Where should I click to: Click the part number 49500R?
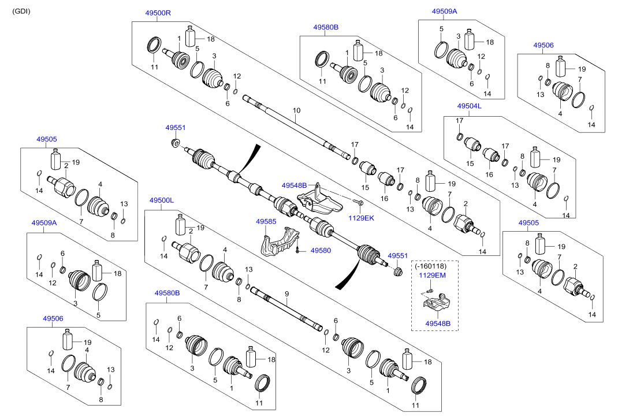coord(158,12)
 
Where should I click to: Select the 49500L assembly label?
coord(162,200)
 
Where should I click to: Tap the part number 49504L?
coord(469,106)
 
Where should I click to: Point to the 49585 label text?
coord(266,221)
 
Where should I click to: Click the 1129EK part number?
coord(362,218)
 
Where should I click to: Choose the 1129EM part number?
coord(433,276)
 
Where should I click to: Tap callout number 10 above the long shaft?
coord(297,110)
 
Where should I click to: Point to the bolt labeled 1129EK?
coord(359,203)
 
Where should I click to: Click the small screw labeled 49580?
coord(297,250)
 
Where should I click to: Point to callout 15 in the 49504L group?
coord(470,164)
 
